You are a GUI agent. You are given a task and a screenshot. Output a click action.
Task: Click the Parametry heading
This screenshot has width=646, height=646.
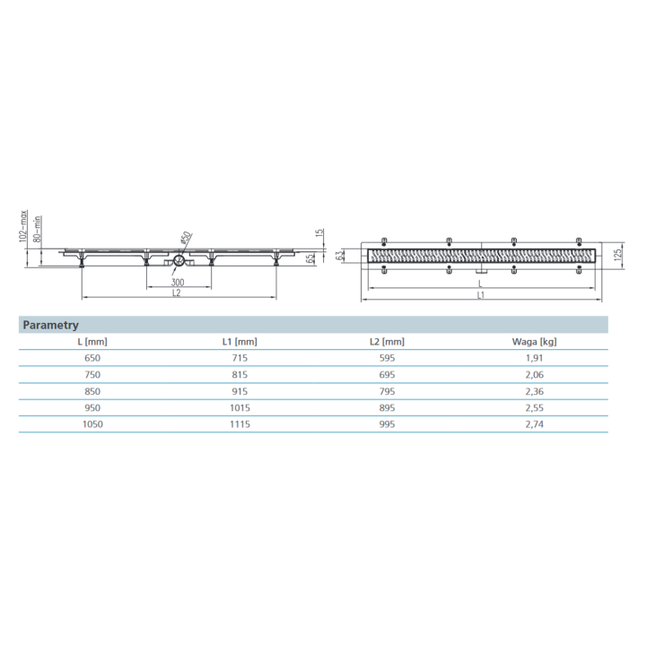tap(51, 325)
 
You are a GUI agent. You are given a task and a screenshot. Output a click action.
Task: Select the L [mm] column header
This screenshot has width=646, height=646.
tap(93, 341)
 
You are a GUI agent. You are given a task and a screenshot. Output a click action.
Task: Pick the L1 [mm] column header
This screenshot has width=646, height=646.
tap(240, 341)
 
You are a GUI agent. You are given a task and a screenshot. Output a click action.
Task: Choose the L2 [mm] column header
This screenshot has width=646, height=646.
tap(387, 341)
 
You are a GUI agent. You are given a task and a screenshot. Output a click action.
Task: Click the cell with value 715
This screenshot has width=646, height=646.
tap(240, 357)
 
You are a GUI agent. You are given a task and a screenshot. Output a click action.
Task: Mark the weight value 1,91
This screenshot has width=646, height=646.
tap(536, 357)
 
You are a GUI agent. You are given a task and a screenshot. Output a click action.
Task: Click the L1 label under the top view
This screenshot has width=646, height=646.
tap(482, 295)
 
